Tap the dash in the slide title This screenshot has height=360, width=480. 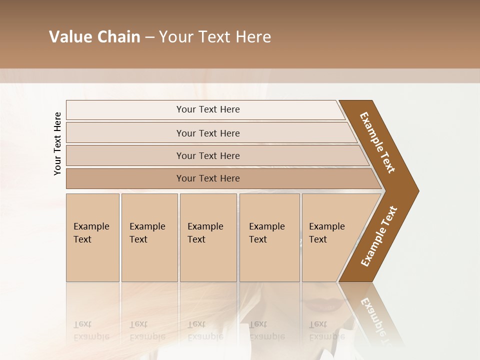(149, 37)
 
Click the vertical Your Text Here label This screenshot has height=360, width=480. (57, 143)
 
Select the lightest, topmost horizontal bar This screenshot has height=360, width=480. (207, 109)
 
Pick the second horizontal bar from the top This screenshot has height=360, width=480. (207, 133)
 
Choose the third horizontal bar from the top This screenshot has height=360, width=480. (207, 155)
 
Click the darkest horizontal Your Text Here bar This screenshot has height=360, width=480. (207, 178)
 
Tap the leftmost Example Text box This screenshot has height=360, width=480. (92, 237)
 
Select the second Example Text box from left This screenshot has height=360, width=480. (149, 237)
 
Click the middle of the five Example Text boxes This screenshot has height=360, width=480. (208, 237)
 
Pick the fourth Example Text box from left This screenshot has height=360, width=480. (269, 237)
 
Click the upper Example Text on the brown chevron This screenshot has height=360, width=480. (377, 142)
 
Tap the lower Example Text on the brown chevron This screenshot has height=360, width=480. (379, 236)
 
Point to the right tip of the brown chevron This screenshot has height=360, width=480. (417, 190)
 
